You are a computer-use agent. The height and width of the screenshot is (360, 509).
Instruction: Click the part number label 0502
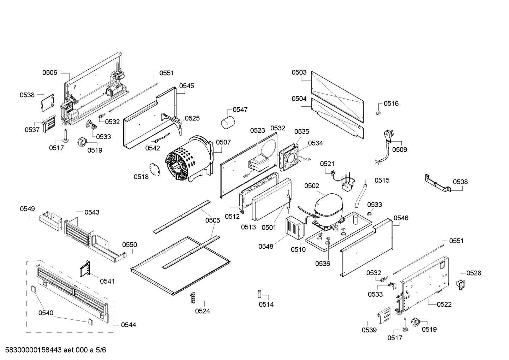(x=311, y=186)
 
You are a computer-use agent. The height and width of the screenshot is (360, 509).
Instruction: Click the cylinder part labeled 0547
(x=228, y=123)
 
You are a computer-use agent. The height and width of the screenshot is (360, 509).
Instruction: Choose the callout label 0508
(x=460, y=182)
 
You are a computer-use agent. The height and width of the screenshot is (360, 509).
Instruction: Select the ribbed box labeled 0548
(x=294, y=227)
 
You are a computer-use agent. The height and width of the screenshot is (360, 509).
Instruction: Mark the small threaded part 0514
(x=259, y=294)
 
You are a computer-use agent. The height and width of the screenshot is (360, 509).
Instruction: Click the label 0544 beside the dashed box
(x=128, y=325)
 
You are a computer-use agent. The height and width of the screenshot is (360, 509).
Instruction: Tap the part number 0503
(x=299, y=72)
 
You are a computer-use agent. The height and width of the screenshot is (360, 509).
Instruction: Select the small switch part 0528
(x=460, y=284)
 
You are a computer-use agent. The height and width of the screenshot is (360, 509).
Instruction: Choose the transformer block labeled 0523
(x=259, y=163)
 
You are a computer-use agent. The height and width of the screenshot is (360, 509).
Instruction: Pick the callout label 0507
(x=223, y=142)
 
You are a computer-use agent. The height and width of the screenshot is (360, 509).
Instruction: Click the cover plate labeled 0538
(x=47, y=102)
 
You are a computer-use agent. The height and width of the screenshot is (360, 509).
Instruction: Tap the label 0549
(x=27, y=209)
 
